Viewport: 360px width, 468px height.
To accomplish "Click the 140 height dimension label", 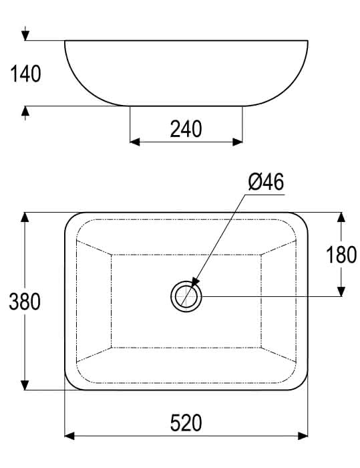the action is click(x=25, y=74).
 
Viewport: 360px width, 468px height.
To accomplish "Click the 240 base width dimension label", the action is click(x=186, y=129).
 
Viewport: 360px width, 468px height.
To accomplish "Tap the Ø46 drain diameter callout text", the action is click(x=266, y=182).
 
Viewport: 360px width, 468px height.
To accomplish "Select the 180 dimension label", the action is click(x=341, y=255).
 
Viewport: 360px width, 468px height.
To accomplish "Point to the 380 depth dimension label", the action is click(x=25, y=302).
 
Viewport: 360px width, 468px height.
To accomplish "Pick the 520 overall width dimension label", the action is click(x=186, y=423).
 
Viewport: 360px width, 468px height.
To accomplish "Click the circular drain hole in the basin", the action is click(x=186, y=297).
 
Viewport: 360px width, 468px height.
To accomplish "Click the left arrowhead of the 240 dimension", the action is click(x=135, y=142).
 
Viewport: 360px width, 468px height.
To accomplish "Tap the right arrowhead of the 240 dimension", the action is click(x=238, y=142).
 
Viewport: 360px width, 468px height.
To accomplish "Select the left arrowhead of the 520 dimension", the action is click(x=69, y=436).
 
